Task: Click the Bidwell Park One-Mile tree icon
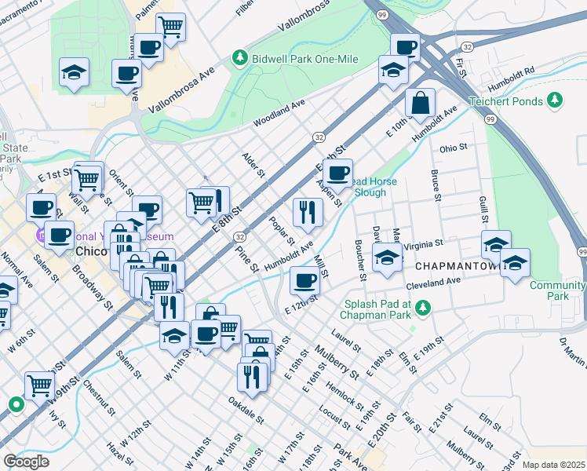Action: tap(239, 58)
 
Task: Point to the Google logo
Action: tap(26, 462)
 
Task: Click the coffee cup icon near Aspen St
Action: tap(337, 173)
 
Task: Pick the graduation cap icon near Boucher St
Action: tap(387, 258)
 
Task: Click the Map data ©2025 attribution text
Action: tap(553, 465)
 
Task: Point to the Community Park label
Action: tap(558, 290)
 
